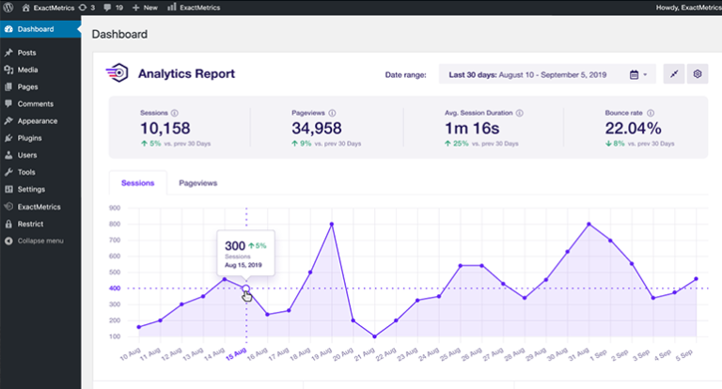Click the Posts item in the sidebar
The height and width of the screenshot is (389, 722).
pyautogui.click(x=26, y=53)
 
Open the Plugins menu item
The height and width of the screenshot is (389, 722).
pyautogui.click(x=30, y=138)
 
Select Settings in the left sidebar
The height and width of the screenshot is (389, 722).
pyautogui.click(x=31, y=189)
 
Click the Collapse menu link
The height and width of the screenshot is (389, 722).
pyautogui.click(x=39, y=241)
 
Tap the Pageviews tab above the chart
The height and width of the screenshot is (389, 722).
pyautogui.click(x=197, y=183)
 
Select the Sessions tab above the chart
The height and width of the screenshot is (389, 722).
pyautogui.click(x=138, y=183)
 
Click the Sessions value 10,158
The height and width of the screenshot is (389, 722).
pyautogui.click(x=165, y=128)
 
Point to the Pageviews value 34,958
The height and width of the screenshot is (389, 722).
pyautogui.click(x=317, y=128)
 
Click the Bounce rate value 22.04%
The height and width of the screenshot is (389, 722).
pyautogui.click(x=634, y=128)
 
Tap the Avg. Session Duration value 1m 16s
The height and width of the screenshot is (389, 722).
pyautogui.click(x=472, y=128)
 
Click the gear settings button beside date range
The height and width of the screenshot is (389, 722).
pyautogui.click(x=698, y=74)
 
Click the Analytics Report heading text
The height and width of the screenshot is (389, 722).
pyautogui.click(x=186, y=73)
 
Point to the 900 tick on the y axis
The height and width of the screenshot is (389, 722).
pyautogui.click(x=116, y=208)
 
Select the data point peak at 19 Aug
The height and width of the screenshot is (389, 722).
pyautogui.click(x=332, y=224)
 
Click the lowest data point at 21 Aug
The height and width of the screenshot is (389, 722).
pyautogui.click(x=375, y=336)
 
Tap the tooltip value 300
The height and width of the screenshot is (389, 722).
pyautogui.click(x=236, y=245)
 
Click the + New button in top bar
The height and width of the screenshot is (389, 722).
pyautogui.click(x=145, y=7)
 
